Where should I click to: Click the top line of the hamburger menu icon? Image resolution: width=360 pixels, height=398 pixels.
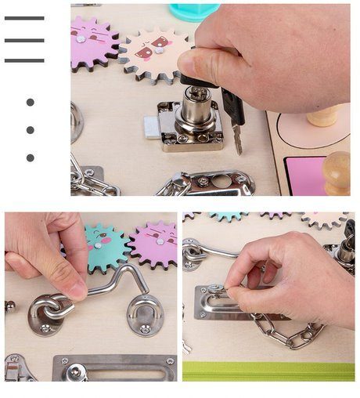(24, 18)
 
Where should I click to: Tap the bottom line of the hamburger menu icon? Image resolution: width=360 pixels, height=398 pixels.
(24, 60)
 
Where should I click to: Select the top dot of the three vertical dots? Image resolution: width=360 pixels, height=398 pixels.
(30, 102)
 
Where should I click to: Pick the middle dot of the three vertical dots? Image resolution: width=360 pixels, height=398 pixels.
(30, 130)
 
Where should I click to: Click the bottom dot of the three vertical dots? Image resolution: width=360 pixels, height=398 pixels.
(30, 157)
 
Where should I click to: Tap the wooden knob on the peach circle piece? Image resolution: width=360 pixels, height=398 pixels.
(323, 116)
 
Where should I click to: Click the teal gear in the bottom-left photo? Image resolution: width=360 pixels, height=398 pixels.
(103, 246)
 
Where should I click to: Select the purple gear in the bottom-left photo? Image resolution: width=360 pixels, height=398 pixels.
(155, 241)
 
